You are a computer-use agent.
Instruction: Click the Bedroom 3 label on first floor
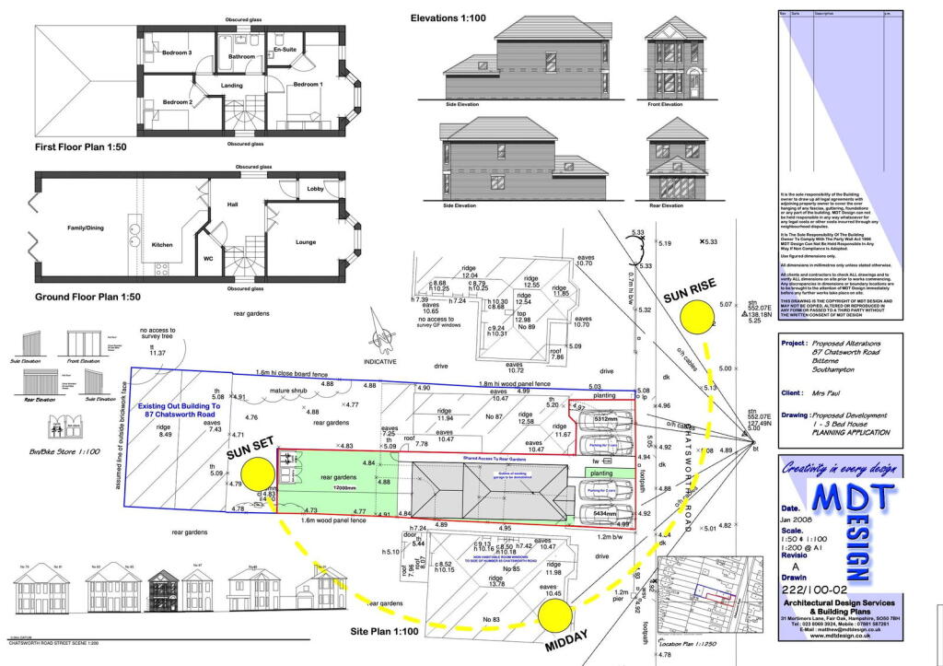(x=177, y=53)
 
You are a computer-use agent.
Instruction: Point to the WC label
(x=209, y=259)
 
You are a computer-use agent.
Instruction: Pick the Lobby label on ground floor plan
(x=315, y=189)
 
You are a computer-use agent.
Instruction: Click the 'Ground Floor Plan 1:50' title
(x=87, y=298)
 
